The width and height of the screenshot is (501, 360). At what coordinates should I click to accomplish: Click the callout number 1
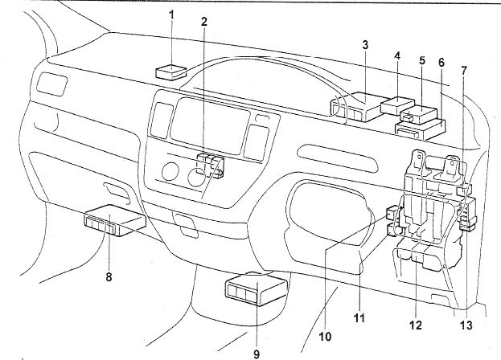pos(170,14)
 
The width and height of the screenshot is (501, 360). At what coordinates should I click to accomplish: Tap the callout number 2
pos(205,22)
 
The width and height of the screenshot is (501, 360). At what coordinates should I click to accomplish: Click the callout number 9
pos(257,352)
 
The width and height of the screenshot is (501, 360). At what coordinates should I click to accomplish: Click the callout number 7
pos(463,72)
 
